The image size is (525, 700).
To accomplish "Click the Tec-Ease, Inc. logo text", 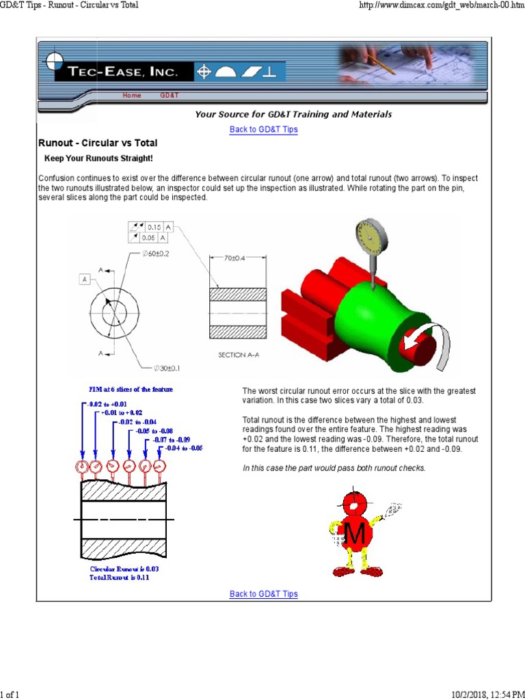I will pyautogui.click(x=123, y=72).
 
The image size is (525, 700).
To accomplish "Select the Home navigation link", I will pyautogui.click(x=132, y=96).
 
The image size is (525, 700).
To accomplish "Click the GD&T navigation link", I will pyautogui.click(x=170, y=96).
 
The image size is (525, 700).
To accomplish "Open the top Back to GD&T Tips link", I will pyautogui.click(x=263, y=129).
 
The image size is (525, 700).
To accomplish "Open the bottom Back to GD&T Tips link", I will pyautogui.click(x=263, y=594).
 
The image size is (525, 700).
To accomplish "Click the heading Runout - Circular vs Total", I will pyautogui.click(x=97, y=143).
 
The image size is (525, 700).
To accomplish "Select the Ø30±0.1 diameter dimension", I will pyautogui.click(x=168, y=368).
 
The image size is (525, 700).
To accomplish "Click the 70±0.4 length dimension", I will pyautogui.click(x=235, y=258).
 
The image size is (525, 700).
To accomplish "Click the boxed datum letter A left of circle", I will pyautogui.click(x=85, y=279).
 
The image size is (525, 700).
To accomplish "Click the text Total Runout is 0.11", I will pyautogui.click(x=119, y=578).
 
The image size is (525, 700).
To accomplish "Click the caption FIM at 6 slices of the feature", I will pyautogui.click(x=131, y=389).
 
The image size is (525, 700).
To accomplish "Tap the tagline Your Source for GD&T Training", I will pyautogui.click(x=293, y=114).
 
